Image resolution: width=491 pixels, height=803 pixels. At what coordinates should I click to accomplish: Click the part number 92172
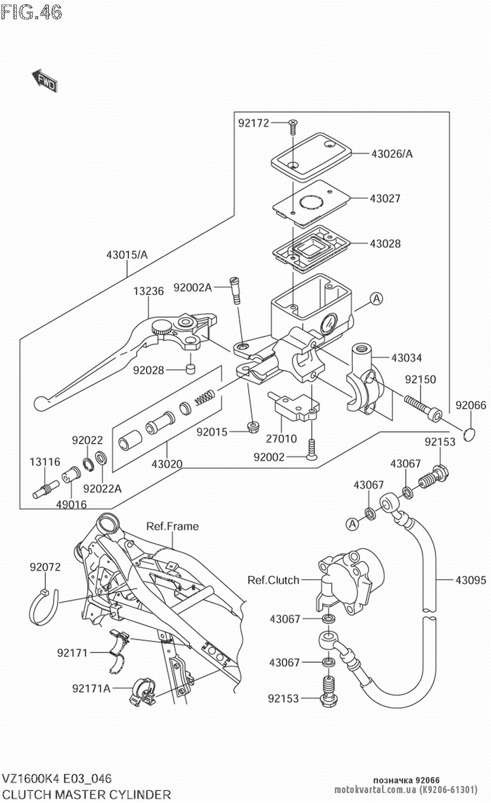pos(254,123)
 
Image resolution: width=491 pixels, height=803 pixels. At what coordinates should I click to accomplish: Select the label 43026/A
pos(392,154)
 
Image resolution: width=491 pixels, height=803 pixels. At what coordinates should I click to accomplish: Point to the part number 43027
pos(385,198)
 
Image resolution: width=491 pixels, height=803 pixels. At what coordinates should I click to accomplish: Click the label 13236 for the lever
pos(148,291)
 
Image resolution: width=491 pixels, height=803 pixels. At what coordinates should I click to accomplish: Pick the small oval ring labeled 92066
pos(470,433)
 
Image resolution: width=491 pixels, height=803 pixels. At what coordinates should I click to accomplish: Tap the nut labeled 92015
pos(253,425)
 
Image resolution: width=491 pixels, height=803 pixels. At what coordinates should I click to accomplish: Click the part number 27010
pos(281,439)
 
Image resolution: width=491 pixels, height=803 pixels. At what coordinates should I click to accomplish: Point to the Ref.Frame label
pos(172,526)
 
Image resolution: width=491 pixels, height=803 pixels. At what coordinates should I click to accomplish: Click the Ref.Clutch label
pos(273,580)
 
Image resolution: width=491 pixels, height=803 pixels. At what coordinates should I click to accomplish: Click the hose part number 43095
pos(471,580)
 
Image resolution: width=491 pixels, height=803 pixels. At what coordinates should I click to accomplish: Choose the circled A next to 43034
pos(376,298)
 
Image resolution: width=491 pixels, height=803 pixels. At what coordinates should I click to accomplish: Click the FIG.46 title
pos(32,12)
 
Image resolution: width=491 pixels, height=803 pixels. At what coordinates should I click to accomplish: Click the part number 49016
pos(71,504)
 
